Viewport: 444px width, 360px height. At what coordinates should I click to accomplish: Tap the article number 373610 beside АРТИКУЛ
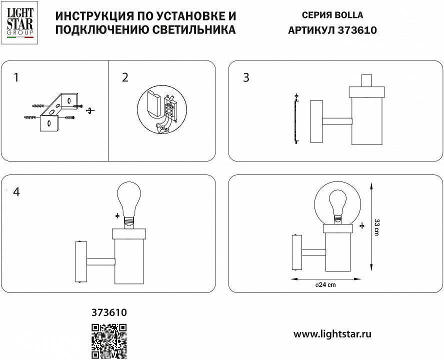(357, 30)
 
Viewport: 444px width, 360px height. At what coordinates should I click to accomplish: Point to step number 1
(16, 77)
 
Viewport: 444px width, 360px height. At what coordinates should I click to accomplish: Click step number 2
(125, 77)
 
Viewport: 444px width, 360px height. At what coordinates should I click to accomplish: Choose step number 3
(245, 77)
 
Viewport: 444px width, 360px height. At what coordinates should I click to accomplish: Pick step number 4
(16, 192)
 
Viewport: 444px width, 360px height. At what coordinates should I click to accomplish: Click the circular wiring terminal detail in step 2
(161, 111)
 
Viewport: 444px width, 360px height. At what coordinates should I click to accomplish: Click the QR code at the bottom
(109, 340)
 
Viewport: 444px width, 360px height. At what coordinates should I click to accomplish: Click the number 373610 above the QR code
(109, 313)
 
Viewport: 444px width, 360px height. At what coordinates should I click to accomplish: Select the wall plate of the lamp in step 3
(316, 121)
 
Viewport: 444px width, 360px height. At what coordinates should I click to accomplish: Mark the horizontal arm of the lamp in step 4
(101, 261)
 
